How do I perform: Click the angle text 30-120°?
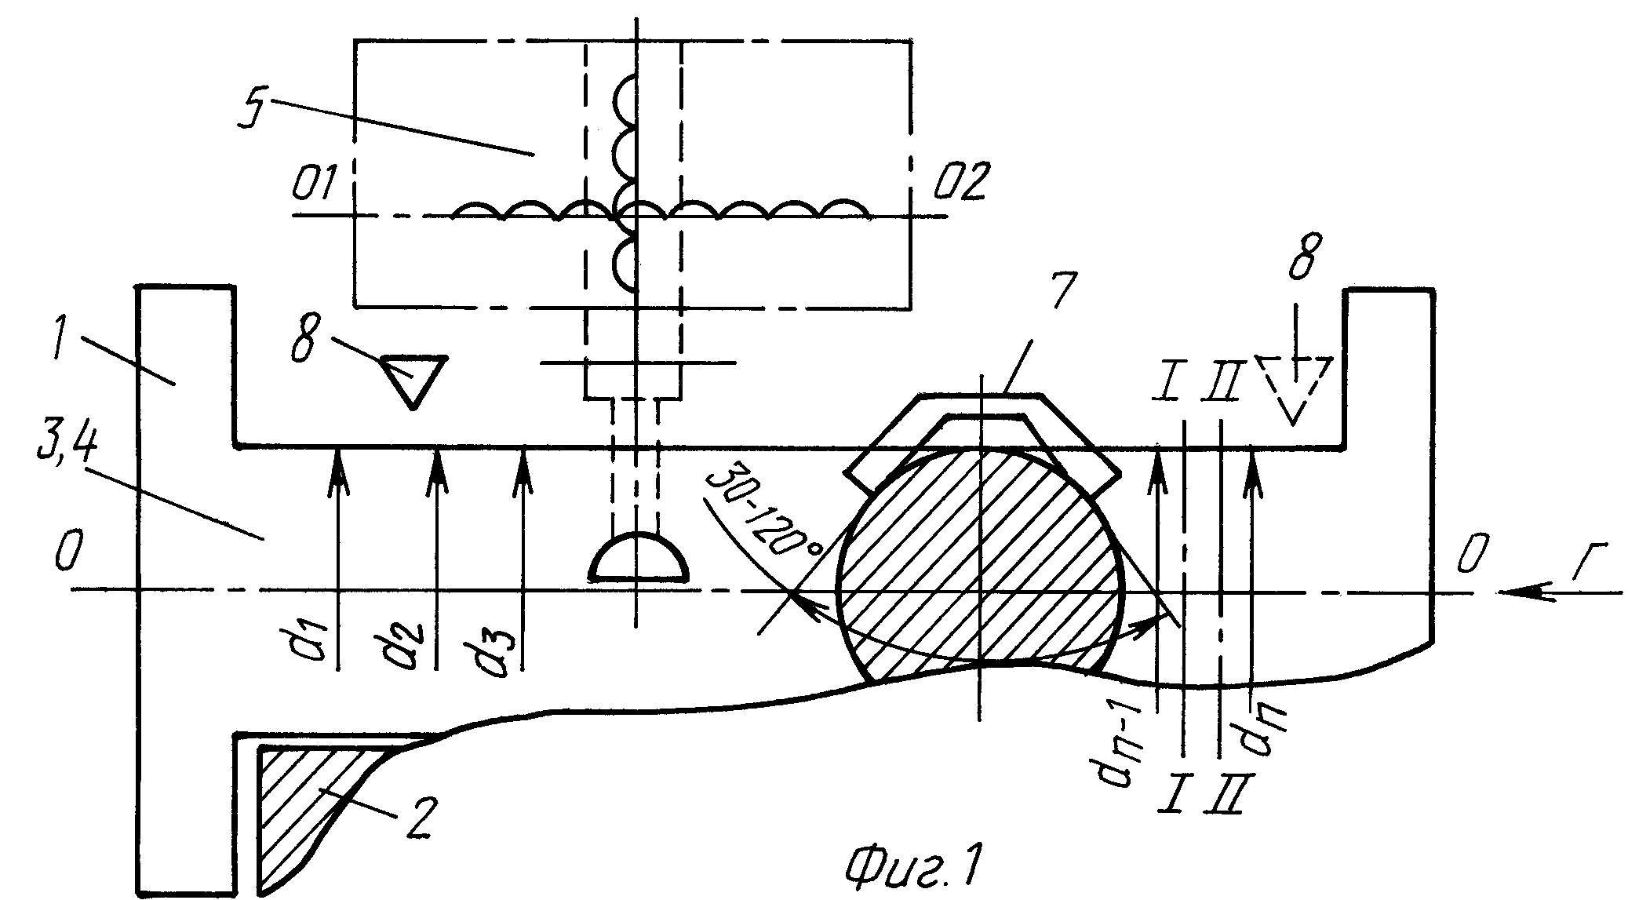pyautogui.click(x=757, y=514)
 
